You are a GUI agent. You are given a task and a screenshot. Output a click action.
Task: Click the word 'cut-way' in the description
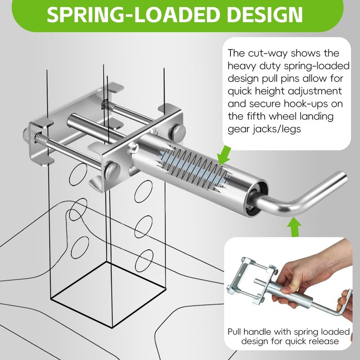[x=267, y=53]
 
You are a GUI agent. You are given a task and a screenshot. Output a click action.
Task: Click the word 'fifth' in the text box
[x=256, y=116]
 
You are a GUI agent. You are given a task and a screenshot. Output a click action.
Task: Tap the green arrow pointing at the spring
[x=225, y=155]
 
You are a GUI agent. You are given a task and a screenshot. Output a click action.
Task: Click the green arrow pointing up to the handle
[x=294, y=227]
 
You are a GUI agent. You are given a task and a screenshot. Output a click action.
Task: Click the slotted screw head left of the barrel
[x=112, y=171]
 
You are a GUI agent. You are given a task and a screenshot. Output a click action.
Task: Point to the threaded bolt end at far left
[x=26, y=135]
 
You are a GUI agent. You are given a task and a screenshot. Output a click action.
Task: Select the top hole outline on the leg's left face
[x=78, y=174]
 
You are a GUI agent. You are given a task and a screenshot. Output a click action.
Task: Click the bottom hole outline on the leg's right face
[x=144, y=261]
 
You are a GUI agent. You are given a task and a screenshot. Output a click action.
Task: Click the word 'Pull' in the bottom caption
[x=234, y=332]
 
